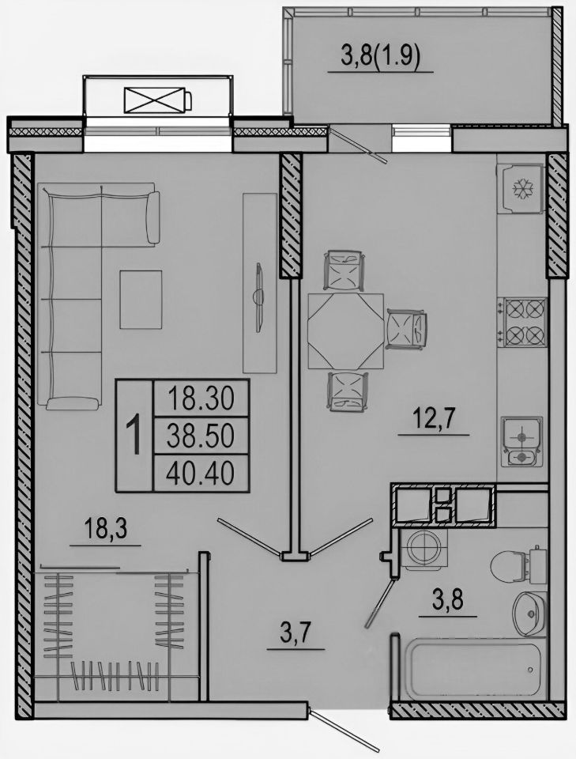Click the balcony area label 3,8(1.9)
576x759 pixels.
(x=380, y=56)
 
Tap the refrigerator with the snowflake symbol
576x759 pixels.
(x=521, y=188)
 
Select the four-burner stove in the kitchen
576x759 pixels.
(x=525, y=322)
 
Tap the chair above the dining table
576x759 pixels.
(x=344, y=270)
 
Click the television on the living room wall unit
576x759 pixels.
(x=259, y=298)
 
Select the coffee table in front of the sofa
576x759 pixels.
(x=141, y=300)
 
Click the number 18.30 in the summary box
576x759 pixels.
(x=201, y=399)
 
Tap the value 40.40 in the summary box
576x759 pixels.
(x=200, y=473)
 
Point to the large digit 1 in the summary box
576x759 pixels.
(x=134, y=436)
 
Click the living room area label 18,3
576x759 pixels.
(x=105, y=529)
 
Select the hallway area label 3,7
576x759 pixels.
(x=296, y=632)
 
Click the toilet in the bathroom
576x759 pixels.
(x=515, y=564)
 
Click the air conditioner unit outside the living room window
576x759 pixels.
(x=158, y=100)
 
